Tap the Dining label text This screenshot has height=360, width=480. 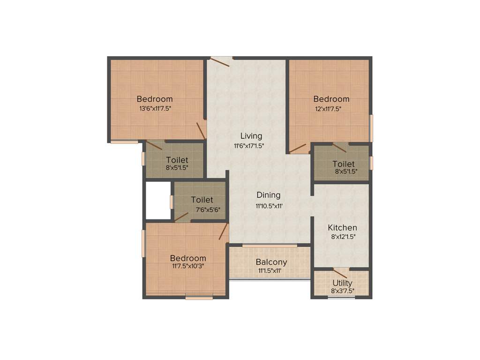(x=268, y=195)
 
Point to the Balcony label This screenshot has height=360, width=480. (x=271, y=262)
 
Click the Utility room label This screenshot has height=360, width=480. (x=343, y=283)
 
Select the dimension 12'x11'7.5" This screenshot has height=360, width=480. (x=328, y=109)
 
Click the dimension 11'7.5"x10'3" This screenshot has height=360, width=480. (x=188, y=266)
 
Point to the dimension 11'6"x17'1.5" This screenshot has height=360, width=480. (x=249, y=146)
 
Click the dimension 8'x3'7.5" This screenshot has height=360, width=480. (x=343, y=291)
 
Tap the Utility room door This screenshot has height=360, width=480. (x=340, y=273)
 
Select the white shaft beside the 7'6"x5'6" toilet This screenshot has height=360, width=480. (x=158, y=200)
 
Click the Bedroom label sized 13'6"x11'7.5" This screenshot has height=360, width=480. (x=155, y=99)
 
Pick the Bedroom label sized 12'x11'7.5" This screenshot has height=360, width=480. (x=331, y=99)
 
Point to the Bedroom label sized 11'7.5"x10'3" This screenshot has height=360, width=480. (x=188, y=258)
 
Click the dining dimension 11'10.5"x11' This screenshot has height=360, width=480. (x=269, y=206)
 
